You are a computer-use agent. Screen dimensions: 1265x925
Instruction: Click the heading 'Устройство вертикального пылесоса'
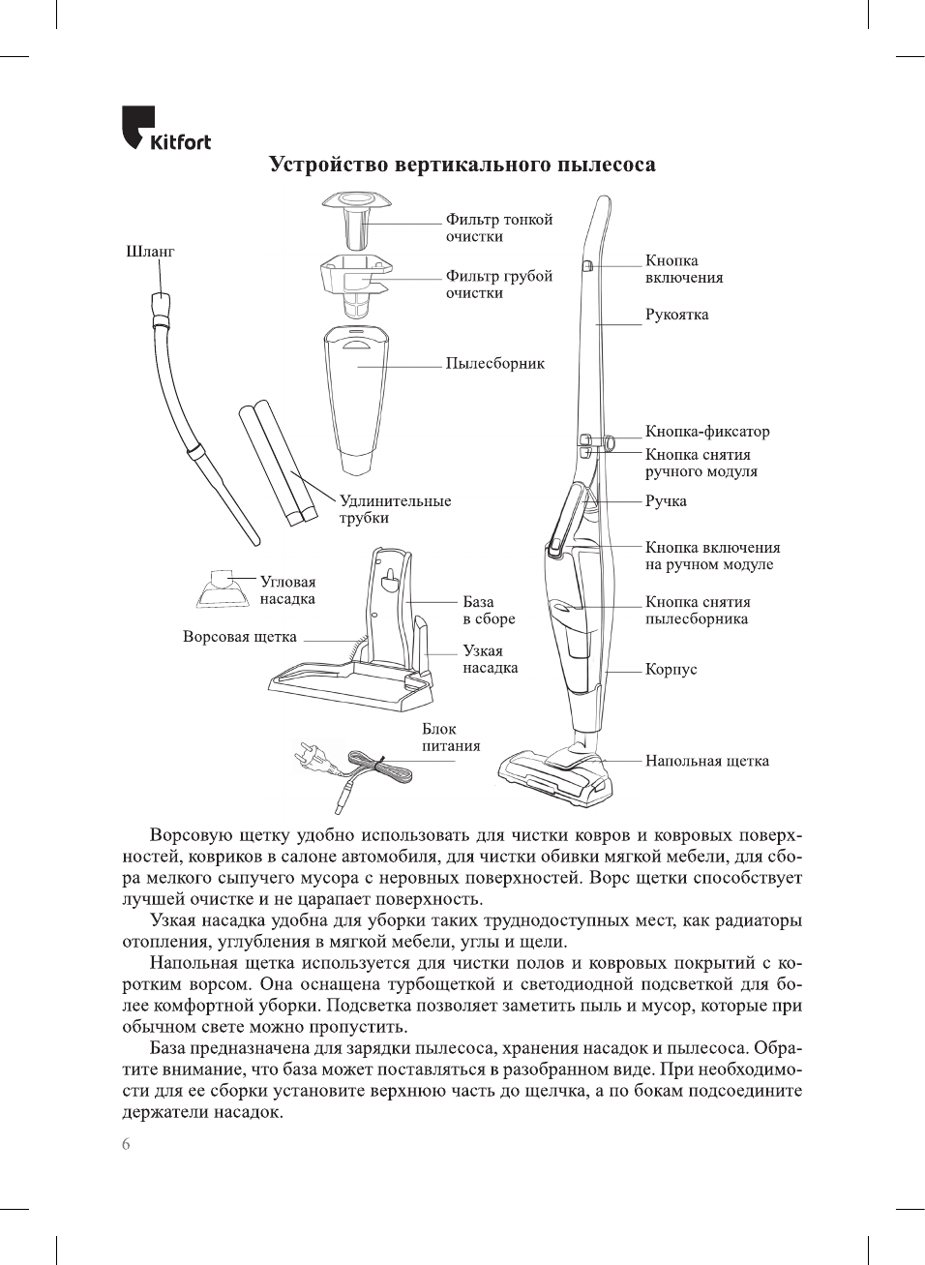(x=462, y=165)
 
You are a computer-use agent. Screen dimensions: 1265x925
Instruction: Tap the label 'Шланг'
(x=150, y=252)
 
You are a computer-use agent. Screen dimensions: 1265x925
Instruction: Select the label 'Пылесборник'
(x=494, y=364)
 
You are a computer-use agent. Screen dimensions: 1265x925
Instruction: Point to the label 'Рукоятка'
(x=676, y=315)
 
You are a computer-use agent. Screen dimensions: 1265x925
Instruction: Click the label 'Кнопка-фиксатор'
(x=707, y=432)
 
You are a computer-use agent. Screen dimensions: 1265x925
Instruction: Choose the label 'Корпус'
(x=671, y=670)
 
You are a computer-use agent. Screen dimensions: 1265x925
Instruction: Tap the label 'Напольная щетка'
(x=707, y=761)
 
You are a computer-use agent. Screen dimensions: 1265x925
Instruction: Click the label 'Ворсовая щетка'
(x=239, y=637)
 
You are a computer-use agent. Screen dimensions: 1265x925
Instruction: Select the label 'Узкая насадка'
(x=490, y=659)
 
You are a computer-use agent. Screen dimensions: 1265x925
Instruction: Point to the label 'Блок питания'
(x=450, y=738)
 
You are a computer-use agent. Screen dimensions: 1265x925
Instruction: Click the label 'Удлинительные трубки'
(x=395, y=509)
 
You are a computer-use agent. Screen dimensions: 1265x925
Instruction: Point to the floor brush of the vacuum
(x=554, y=776)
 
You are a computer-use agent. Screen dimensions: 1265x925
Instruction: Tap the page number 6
(x=126, y=1145)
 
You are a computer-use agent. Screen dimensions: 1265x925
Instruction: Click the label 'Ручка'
(x=666, y=501)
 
